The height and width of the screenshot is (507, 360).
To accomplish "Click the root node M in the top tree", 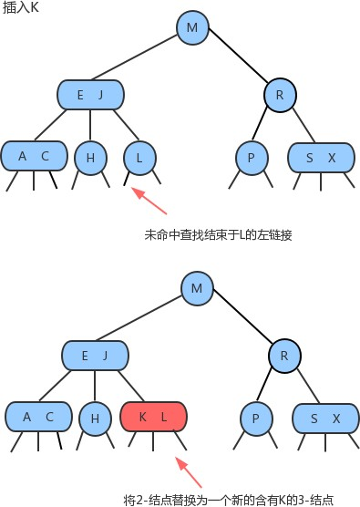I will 191,27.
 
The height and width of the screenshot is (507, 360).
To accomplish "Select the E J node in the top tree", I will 90,94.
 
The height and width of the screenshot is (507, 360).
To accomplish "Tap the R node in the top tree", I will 280,94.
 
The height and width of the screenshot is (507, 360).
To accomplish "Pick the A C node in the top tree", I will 34,156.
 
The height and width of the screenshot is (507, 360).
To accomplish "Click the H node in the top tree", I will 90,157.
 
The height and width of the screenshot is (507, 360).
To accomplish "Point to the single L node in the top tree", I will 139,157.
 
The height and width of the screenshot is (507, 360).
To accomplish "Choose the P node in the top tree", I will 251,157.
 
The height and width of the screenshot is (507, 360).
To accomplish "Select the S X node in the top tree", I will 321,157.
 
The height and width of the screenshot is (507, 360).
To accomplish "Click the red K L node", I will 153,417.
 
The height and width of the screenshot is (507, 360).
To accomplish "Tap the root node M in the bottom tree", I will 196,289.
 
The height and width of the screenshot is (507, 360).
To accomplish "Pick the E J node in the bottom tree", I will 94,355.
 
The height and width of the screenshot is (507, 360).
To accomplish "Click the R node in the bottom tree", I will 284,355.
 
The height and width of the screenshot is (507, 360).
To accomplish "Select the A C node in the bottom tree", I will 38,417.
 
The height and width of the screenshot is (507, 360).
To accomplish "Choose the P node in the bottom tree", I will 255,418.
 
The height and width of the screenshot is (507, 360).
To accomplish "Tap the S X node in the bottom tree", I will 324,418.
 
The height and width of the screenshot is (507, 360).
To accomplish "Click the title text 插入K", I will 19,7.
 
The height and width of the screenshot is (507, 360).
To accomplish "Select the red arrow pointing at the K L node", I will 190,471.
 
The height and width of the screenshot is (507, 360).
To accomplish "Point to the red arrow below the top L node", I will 149,202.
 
